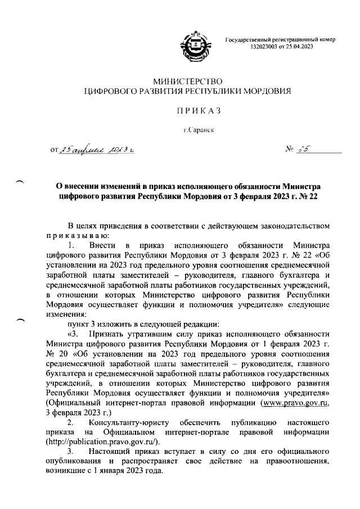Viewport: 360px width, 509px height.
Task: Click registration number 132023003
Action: (264, 47)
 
